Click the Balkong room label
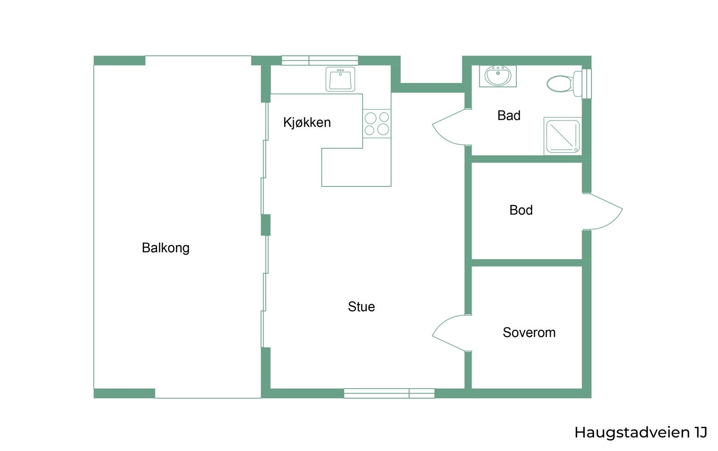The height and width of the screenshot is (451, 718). coord(166,248)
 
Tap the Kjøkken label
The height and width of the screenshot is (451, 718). coord(307,122)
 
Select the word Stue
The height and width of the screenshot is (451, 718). coord(361,307)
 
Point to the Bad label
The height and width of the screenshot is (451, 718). coord(509,115)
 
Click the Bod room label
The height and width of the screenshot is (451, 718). coord(521,210)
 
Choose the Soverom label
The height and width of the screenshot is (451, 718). coord(529,332)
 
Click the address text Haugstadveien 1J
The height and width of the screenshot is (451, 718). coord(641,433)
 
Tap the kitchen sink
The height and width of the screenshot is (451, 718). coord(341,79)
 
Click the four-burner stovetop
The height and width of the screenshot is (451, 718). coord(377,124)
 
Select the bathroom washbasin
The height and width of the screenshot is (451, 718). coord(498,76)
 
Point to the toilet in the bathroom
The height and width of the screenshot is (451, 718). coord(564,84)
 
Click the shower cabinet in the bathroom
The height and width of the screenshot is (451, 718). coord(563,136)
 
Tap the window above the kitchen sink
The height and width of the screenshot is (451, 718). coord(320,60)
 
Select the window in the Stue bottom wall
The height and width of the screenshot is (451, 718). coord(389,393)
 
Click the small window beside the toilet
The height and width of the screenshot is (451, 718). coord(587,84)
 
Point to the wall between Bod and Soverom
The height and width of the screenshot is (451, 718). coord(527,263)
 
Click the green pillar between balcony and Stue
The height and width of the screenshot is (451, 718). coord(265,225)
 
